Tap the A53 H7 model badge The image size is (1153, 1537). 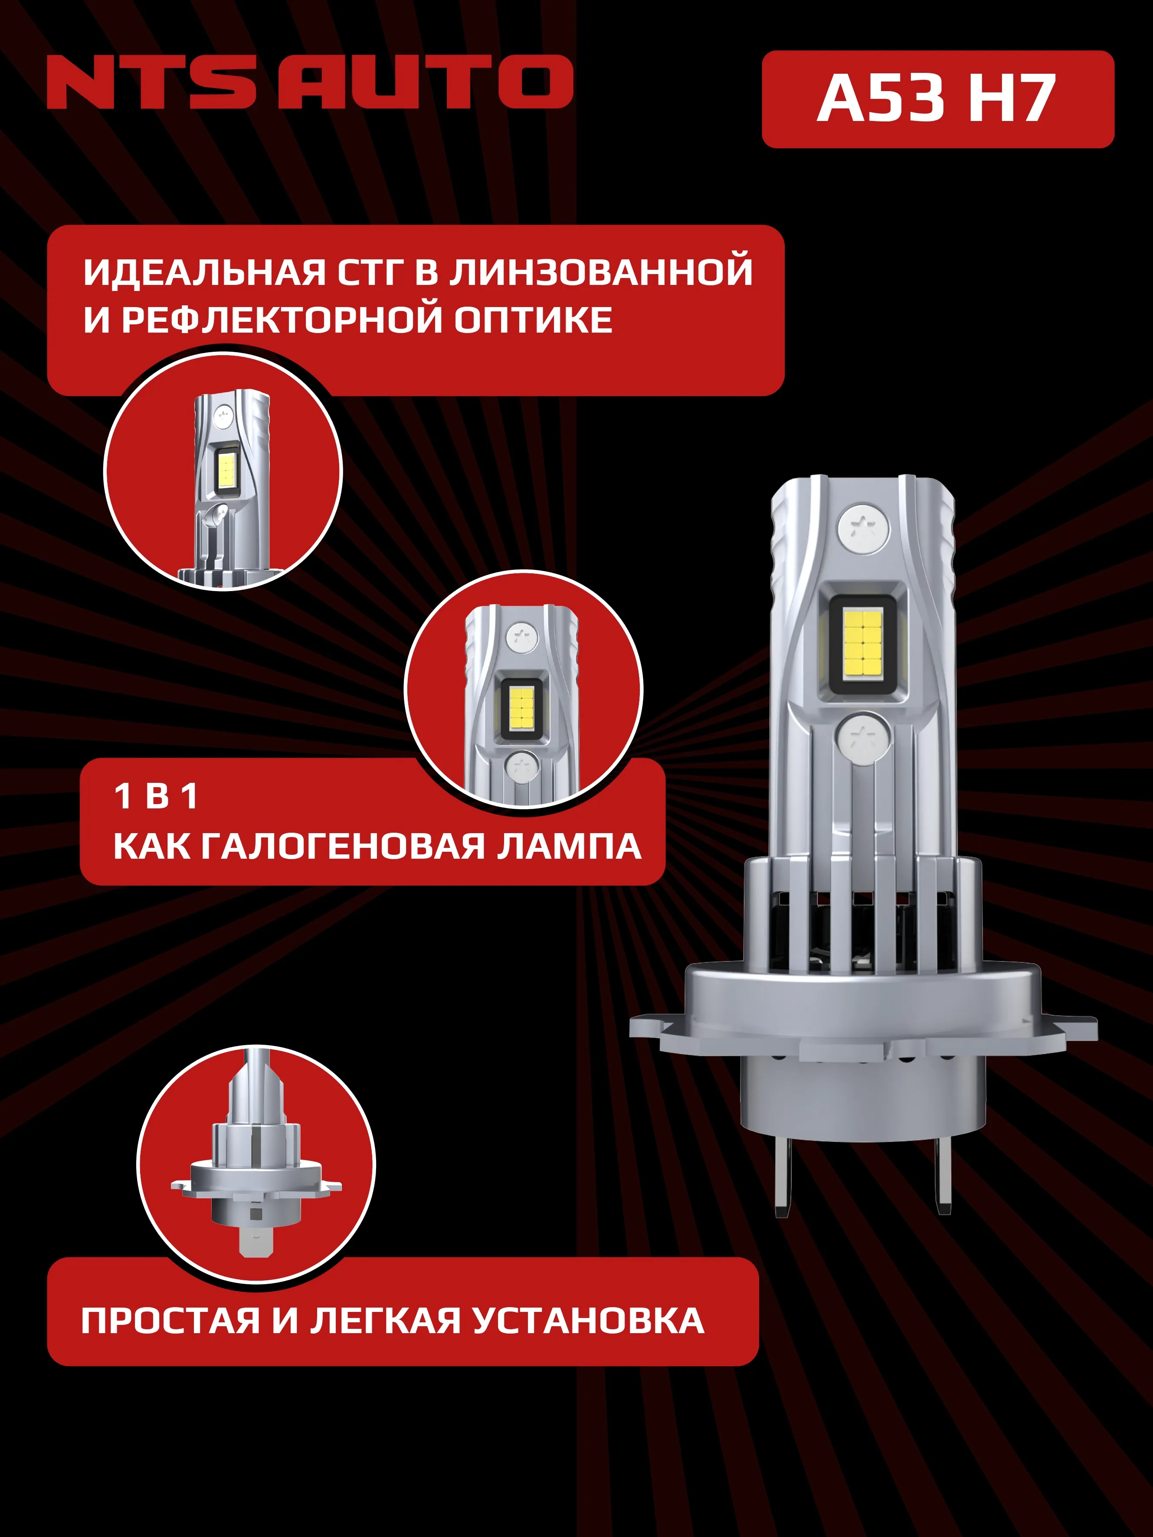937,99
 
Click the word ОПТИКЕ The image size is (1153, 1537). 533,320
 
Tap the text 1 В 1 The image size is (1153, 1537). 156,796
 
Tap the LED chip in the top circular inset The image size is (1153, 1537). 226,468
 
